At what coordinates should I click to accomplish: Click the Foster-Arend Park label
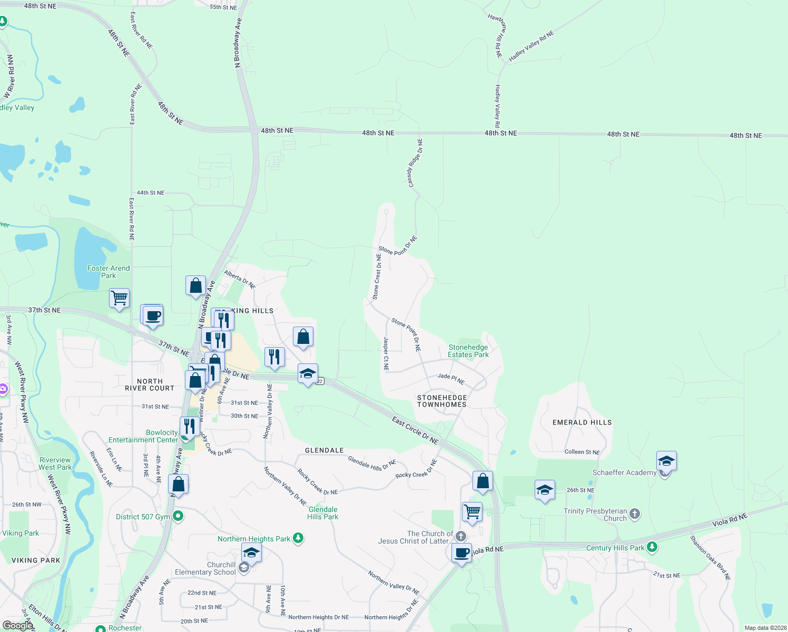109,272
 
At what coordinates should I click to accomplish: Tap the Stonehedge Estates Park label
468,351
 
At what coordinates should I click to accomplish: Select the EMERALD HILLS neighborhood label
582,422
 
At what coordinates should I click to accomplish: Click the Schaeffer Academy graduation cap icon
666,461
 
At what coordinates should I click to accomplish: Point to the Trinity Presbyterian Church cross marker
635,514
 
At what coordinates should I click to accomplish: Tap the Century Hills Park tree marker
652,548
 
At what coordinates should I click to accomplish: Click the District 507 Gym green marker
178,516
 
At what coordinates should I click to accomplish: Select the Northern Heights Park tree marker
298,538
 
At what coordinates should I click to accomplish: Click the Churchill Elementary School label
205,568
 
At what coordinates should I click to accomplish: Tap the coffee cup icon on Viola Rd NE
462,554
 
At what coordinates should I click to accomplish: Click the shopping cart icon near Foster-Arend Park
120,298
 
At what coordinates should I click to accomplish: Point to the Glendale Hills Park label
323,513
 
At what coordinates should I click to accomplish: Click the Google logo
17,625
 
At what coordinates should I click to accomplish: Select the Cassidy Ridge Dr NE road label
415,163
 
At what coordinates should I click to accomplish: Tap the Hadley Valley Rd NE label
531,46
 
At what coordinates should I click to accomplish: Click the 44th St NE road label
151,193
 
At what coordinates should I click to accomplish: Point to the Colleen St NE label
582,452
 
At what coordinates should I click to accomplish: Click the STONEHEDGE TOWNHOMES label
442,401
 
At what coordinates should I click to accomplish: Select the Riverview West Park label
55,463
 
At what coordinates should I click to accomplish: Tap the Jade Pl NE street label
451,378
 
